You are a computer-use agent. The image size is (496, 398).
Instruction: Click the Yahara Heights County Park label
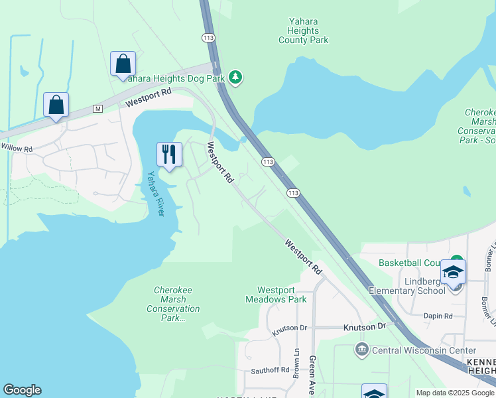pyautogui.click(x=303, y=31)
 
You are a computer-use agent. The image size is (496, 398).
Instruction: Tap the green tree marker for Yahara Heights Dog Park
pyautogui.click(x=235, y=78)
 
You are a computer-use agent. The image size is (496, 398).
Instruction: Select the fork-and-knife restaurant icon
pyautogui.click(x=168, y=155)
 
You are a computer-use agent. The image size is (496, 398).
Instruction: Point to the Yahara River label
pyautogui.click(x=155, y=194)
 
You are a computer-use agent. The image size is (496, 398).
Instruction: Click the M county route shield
pyautogui.click(x=97, y=108)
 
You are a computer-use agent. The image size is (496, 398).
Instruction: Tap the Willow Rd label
pyautogui.click(x=17, y=149)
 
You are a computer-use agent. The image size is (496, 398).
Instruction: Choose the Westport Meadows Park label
pyautogui.click(x=282, y=295)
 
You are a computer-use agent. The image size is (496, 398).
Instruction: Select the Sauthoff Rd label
pyautogui.click(x=270, y=370)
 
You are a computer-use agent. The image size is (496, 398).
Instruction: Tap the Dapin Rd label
pyautogui.click(x=439, y=316)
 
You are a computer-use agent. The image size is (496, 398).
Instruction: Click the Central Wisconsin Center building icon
pyautogui.click(x=361, y=349)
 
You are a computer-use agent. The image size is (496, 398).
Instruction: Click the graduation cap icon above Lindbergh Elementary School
pyautogui.click(x=454, y=271)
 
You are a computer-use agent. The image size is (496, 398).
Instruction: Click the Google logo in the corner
pyautogui.click(x=22, y=390)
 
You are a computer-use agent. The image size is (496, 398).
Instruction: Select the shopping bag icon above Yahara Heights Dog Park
pyautogui.click(x=123, y=64)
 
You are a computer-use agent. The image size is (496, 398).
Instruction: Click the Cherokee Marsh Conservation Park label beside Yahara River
pyautogui.click(x=176, y=304)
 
